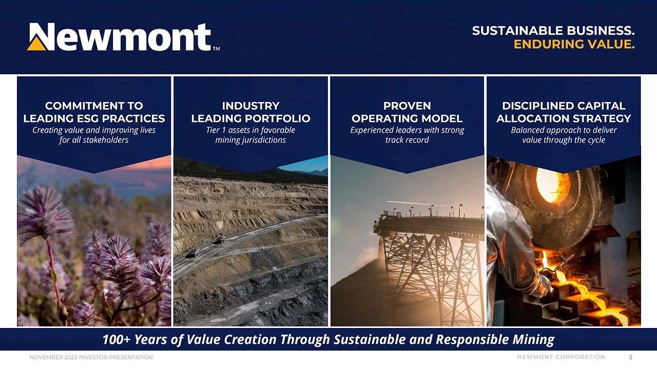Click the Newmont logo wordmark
(x=123, y=37)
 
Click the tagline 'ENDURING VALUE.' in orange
(x=574, y=45)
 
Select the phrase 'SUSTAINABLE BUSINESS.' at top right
(x=553, y=31)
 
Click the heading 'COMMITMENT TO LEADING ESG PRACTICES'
(x=94, y=112)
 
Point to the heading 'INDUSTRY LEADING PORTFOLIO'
(x=250, y=112)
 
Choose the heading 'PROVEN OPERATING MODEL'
(x=407, y=112)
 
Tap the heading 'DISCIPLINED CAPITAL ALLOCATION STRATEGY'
(x=564, y=112)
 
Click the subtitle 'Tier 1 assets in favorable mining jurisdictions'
(x=250, y=135)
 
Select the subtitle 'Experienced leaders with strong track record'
(x=407, y=135)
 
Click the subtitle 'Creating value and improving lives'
(x=94, y=130)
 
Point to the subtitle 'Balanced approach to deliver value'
(x=564, y=135)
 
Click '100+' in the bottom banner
(x=116, y=339)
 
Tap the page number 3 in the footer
(x=631, y=357)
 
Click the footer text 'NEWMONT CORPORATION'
(x=561, y=357)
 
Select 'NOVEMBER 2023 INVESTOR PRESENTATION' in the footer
(x=91, y=357)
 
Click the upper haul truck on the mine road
(x=220, y=239)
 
